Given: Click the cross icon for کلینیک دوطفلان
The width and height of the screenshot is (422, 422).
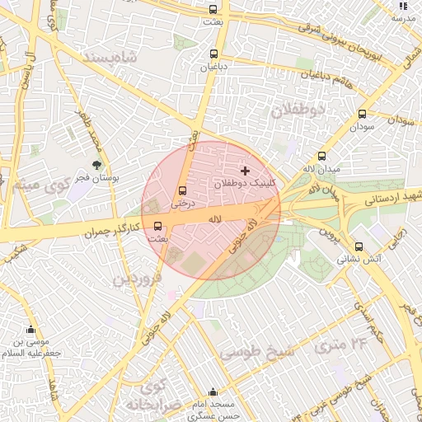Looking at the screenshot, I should point(245,170).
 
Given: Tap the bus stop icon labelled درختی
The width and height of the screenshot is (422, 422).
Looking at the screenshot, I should point(182,192).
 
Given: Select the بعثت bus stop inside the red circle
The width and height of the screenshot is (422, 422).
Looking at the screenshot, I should point(157,225).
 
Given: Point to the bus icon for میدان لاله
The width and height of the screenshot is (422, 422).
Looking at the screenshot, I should point(321,155).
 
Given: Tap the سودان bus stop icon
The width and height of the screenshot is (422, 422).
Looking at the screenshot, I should point(362,115).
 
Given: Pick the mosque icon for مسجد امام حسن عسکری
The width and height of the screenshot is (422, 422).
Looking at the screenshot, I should point(213,392).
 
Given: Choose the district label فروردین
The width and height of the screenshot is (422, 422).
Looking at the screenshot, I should point(136,280).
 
